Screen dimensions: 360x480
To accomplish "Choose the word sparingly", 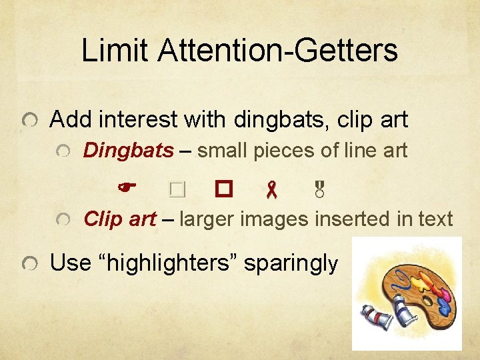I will pos(291,263).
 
